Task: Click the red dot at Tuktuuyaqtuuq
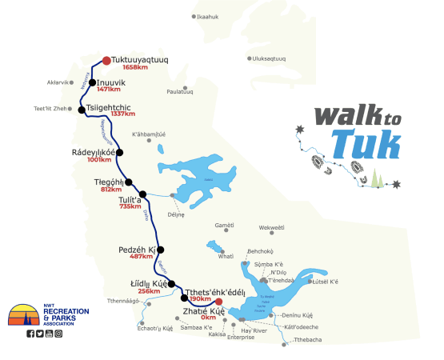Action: pos(107,59)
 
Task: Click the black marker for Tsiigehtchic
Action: pos(82,110)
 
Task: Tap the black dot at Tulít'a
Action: pos(143,194)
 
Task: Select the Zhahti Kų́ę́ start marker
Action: pos(219,302)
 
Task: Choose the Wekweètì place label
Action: pos(272,228)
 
